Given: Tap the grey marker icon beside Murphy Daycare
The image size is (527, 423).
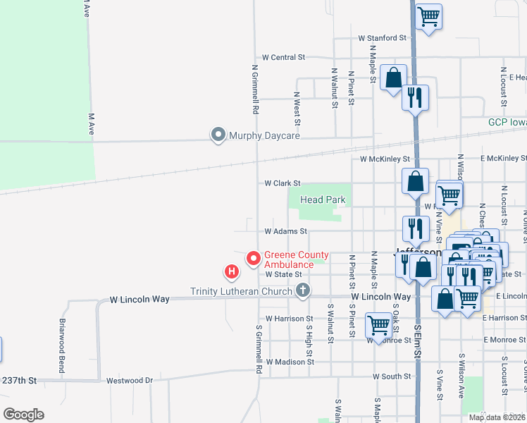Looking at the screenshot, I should (218, 134).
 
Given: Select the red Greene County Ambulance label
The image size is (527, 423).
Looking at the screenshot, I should (296, 259).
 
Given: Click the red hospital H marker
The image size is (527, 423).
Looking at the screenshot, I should (230, 271).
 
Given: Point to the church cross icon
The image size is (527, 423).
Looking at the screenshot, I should (303, 290).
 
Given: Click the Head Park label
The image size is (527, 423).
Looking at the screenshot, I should (323, 200).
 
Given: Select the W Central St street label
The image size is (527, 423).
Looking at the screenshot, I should (283, 56).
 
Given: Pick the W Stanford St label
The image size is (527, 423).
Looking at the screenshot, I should (383, 37).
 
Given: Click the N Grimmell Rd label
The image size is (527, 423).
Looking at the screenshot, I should (254, 90).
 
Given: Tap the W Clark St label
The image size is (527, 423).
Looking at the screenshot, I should (283, 183).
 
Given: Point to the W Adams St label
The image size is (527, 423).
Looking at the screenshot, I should (286, 231).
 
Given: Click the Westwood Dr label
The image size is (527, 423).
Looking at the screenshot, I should (130, 381).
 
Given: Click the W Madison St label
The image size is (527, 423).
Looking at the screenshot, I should (290, 362).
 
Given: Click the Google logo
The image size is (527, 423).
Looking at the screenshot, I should (23, 415).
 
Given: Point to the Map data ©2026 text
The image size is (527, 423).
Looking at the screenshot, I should (497, 417).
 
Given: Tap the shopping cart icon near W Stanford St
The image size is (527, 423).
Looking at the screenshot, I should (428, 16).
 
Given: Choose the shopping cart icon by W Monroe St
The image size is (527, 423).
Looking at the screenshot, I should (378, 326).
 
